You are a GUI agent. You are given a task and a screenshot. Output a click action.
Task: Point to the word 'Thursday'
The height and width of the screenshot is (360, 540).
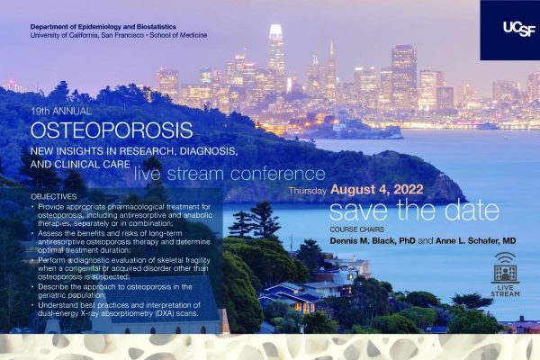(308, 192)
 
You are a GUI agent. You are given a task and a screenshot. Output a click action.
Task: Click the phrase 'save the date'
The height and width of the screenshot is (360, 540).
(413, 212)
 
